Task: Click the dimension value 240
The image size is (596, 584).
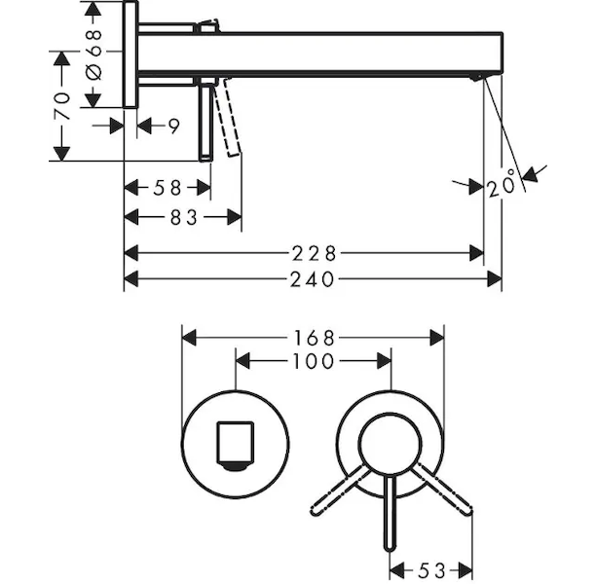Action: [312, 279]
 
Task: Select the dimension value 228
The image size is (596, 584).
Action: [314, 253]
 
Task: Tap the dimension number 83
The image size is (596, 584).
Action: [184, 218]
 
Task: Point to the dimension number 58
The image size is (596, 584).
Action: [168, 188]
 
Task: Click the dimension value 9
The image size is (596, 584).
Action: [173, 127]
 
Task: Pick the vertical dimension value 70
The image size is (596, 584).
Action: [62, 106]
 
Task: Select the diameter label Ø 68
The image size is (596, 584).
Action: [93, 55]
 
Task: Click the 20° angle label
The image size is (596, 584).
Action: [502, 184]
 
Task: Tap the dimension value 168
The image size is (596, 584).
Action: [314, 338]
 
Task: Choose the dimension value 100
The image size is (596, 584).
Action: [314, 361]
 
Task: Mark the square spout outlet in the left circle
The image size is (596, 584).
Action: [235, 446]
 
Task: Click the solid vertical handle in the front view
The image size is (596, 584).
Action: [391, 513]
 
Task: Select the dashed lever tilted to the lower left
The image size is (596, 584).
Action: [341, 491]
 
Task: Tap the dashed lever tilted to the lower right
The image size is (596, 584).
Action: [442, 490]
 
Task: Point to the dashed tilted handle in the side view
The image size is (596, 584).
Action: [227, 117]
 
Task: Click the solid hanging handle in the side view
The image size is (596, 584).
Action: [205, 123]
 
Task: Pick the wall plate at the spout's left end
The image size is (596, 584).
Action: [130, 55]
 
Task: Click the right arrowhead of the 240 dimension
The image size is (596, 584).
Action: [495, 279]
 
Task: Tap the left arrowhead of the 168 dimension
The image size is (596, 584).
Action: [189, 338]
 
